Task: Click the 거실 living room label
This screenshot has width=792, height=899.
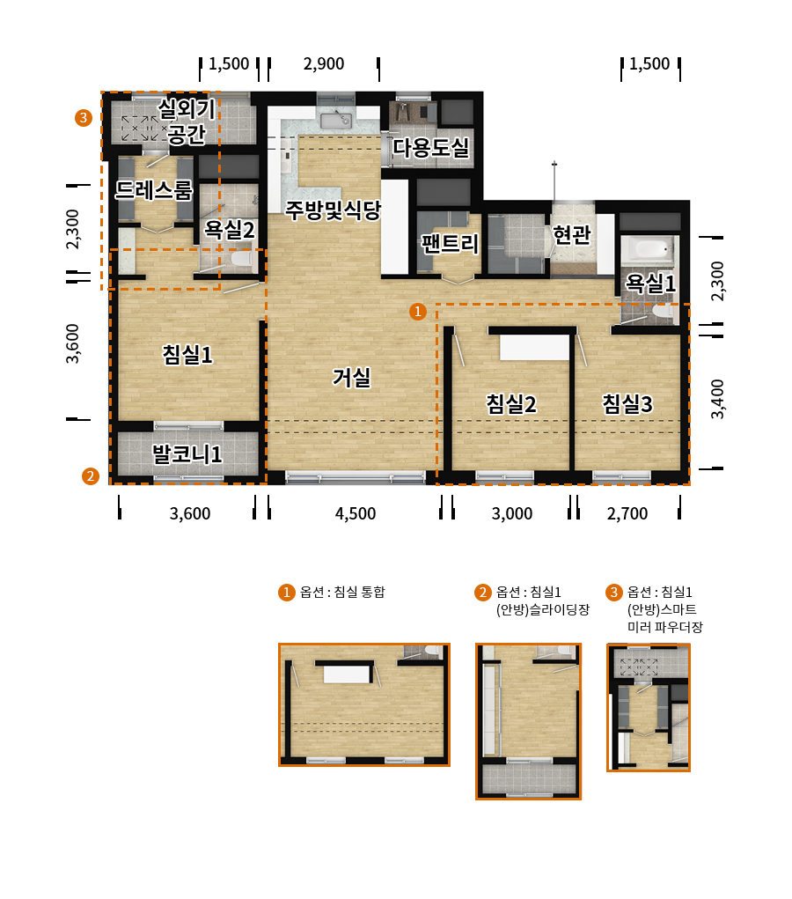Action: click(352, 377)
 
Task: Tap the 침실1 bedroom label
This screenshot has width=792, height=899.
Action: click(187, 354)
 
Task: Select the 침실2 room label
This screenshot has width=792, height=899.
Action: click(511, 403)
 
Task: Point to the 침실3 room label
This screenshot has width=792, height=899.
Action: click(627, 403)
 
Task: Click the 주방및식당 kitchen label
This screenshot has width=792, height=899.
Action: click(333, 210)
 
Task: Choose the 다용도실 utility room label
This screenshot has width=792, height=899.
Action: click(431, 148)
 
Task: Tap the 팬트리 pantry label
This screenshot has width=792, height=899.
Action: click(450, 244)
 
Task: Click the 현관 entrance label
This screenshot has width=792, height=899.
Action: click(571, 234)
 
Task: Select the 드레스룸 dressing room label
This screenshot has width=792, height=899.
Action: click(154, 190)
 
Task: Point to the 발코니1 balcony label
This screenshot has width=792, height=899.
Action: click(187, 454)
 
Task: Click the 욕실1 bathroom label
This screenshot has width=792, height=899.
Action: click(650, 283)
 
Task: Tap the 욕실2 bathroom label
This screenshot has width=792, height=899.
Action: click(229, 230)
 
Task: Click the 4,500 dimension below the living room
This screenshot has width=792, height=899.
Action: click(356, 513)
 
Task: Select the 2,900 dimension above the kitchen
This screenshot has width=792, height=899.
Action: click(324, 63)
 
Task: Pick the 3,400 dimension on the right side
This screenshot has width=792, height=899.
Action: click(717, 399)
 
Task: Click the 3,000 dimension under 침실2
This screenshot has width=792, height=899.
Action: click(512, 513)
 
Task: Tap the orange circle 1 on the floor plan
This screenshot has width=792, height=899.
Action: click(418, 312)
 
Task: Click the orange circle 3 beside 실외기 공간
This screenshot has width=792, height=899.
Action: click(84, 118)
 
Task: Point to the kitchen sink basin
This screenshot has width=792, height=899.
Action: click(336, 122)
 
